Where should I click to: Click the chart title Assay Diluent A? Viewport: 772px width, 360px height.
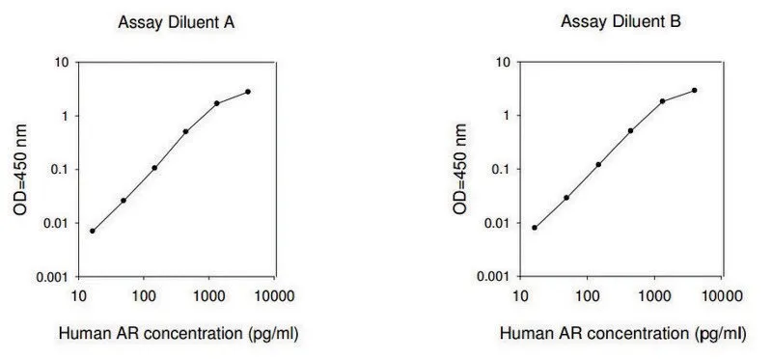coord(176,22)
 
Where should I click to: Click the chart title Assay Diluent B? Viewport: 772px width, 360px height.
coord(620,21)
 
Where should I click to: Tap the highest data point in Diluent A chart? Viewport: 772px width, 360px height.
coord(248,92)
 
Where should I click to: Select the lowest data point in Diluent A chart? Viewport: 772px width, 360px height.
coord(93,231)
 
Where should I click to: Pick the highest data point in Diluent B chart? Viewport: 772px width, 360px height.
coord(694,90)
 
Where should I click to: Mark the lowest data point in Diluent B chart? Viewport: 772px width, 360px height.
coord(535,228)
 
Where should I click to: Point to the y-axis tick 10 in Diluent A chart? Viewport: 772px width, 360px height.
coord(65,63)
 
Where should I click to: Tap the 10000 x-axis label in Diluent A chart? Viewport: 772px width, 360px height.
coord(275,296)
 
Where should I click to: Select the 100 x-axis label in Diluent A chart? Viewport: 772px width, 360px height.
coord(143,296)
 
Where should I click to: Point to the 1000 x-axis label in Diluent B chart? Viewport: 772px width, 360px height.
coord(654,296)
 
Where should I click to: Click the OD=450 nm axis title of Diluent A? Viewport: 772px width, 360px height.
coord(20,170)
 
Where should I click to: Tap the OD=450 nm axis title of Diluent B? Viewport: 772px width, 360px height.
coord(459,169)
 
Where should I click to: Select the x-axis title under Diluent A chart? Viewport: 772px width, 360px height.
coord(179,334)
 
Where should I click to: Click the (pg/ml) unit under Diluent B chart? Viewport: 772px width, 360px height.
coord(720,334)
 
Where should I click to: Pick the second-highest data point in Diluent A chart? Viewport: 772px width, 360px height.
coord(216,103)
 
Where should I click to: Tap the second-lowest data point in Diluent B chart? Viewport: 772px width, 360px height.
coord(566,198)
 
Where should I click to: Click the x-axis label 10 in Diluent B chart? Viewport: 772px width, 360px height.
coord(520,296)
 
